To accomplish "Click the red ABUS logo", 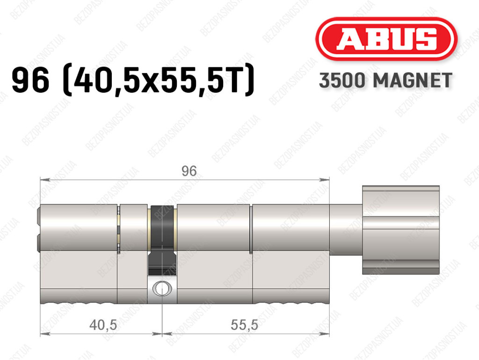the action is [386, 39].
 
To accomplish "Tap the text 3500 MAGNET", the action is [385, 81].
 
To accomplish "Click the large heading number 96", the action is [30, 80].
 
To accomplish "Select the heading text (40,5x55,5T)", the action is [159, 80].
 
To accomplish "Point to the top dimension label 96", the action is [189, 171].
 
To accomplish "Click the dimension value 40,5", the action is [103, 324].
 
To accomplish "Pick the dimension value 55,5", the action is [244, 324].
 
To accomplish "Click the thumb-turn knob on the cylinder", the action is [401, 230].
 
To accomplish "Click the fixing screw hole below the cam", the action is [162, 288].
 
